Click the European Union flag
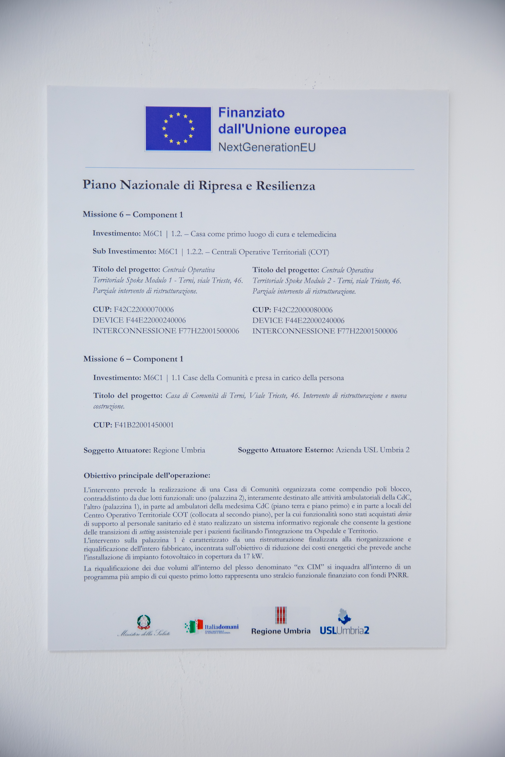tap(178, 128)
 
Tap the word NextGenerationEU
tap(267, 147)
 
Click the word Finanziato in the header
tap(251, 113)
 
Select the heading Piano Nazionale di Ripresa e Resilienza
tap(199, 185)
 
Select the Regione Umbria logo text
tap(280, 631)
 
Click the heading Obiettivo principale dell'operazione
tap(147, 475)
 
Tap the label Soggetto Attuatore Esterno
tap(285, 450)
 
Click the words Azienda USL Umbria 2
tap(372, 450)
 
